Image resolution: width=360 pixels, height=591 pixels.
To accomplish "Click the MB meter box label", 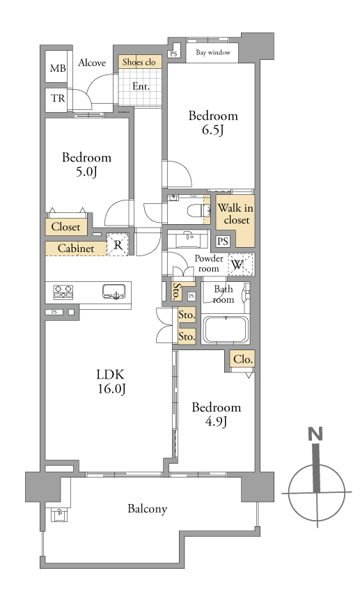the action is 58,68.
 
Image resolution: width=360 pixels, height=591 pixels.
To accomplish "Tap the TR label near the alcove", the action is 58,98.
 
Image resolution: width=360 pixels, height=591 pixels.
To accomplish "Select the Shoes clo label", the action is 139,62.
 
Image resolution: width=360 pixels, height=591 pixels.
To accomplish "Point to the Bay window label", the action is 213,52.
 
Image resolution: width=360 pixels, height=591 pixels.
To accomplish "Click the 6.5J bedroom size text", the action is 213,130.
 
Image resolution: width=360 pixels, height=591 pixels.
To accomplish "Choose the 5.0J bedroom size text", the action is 87,172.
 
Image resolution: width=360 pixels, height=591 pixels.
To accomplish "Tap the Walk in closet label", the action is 235,214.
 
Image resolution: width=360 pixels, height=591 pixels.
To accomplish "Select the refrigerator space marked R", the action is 118,245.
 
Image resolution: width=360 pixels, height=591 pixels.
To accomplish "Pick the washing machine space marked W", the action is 240,265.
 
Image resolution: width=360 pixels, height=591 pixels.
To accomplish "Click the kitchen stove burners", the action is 63,292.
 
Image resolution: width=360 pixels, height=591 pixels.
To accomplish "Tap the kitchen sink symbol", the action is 114,292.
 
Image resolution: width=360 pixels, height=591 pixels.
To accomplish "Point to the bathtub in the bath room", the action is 226,329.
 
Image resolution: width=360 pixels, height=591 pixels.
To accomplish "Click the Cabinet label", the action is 76,249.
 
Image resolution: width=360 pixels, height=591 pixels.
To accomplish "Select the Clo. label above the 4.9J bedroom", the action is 242,359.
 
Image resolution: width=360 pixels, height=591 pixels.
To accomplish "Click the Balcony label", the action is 147,509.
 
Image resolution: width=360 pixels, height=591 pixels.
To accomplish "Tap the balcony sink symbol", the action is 60,515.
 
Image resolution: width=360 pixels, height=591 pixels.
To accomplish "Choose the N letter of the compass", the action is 315,434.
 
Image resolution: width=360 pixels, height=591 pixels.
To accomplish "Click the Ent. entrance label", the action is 141,87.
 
